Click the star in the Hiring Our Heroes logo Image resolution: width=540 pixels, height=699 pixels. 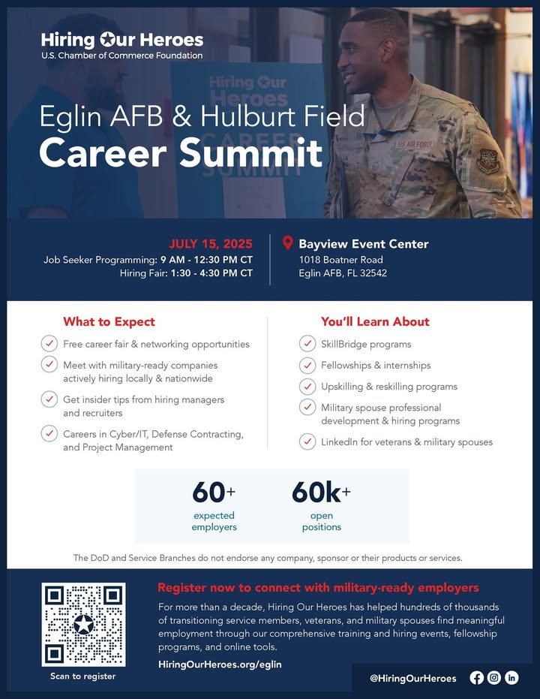(x=108, y=40)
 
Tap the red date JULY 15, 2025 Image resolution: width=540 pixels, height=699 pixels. (x=211, y=244)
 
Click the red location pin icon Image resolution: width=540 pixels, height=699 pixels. (x=287, y=243)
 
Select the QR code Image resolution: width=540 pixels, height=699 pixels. (x=84, y=624)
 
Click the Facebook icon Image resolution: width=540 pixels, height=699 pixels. (x=477, y=678)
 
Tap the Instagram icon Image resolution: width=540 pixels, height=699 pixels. (x=494, y=678)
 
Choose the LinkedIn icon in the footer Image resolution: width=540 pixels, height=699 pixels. (x=511, y=678)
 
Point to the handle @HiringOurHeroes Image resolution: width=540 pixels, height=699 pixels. (x=413, y=679)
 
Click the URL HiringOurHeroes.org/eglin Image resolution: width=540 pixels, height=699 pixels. (x=220, y=664)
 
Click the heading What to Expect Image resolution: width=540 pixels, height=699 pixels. (x=109, y=322)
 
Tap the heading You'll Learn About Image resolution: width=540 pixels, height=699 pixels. (x=375, y=321)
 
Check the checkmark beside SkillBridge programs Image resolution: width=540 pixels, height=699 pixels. (x=307, y=344)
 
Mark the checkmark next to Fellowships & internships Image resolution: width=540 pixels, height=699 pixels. (x=307, y=365)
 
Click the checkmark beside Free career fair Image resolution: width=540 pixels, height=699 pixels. (x=49, y=344)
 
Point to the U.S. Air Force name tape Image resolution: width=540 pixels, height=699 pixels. (x=414, y=144)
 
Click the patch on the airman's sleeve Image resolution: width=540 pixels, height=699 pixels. (x=488, y=161)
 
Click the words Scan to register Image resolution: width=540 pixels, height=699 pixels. (x=82, y=676)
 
